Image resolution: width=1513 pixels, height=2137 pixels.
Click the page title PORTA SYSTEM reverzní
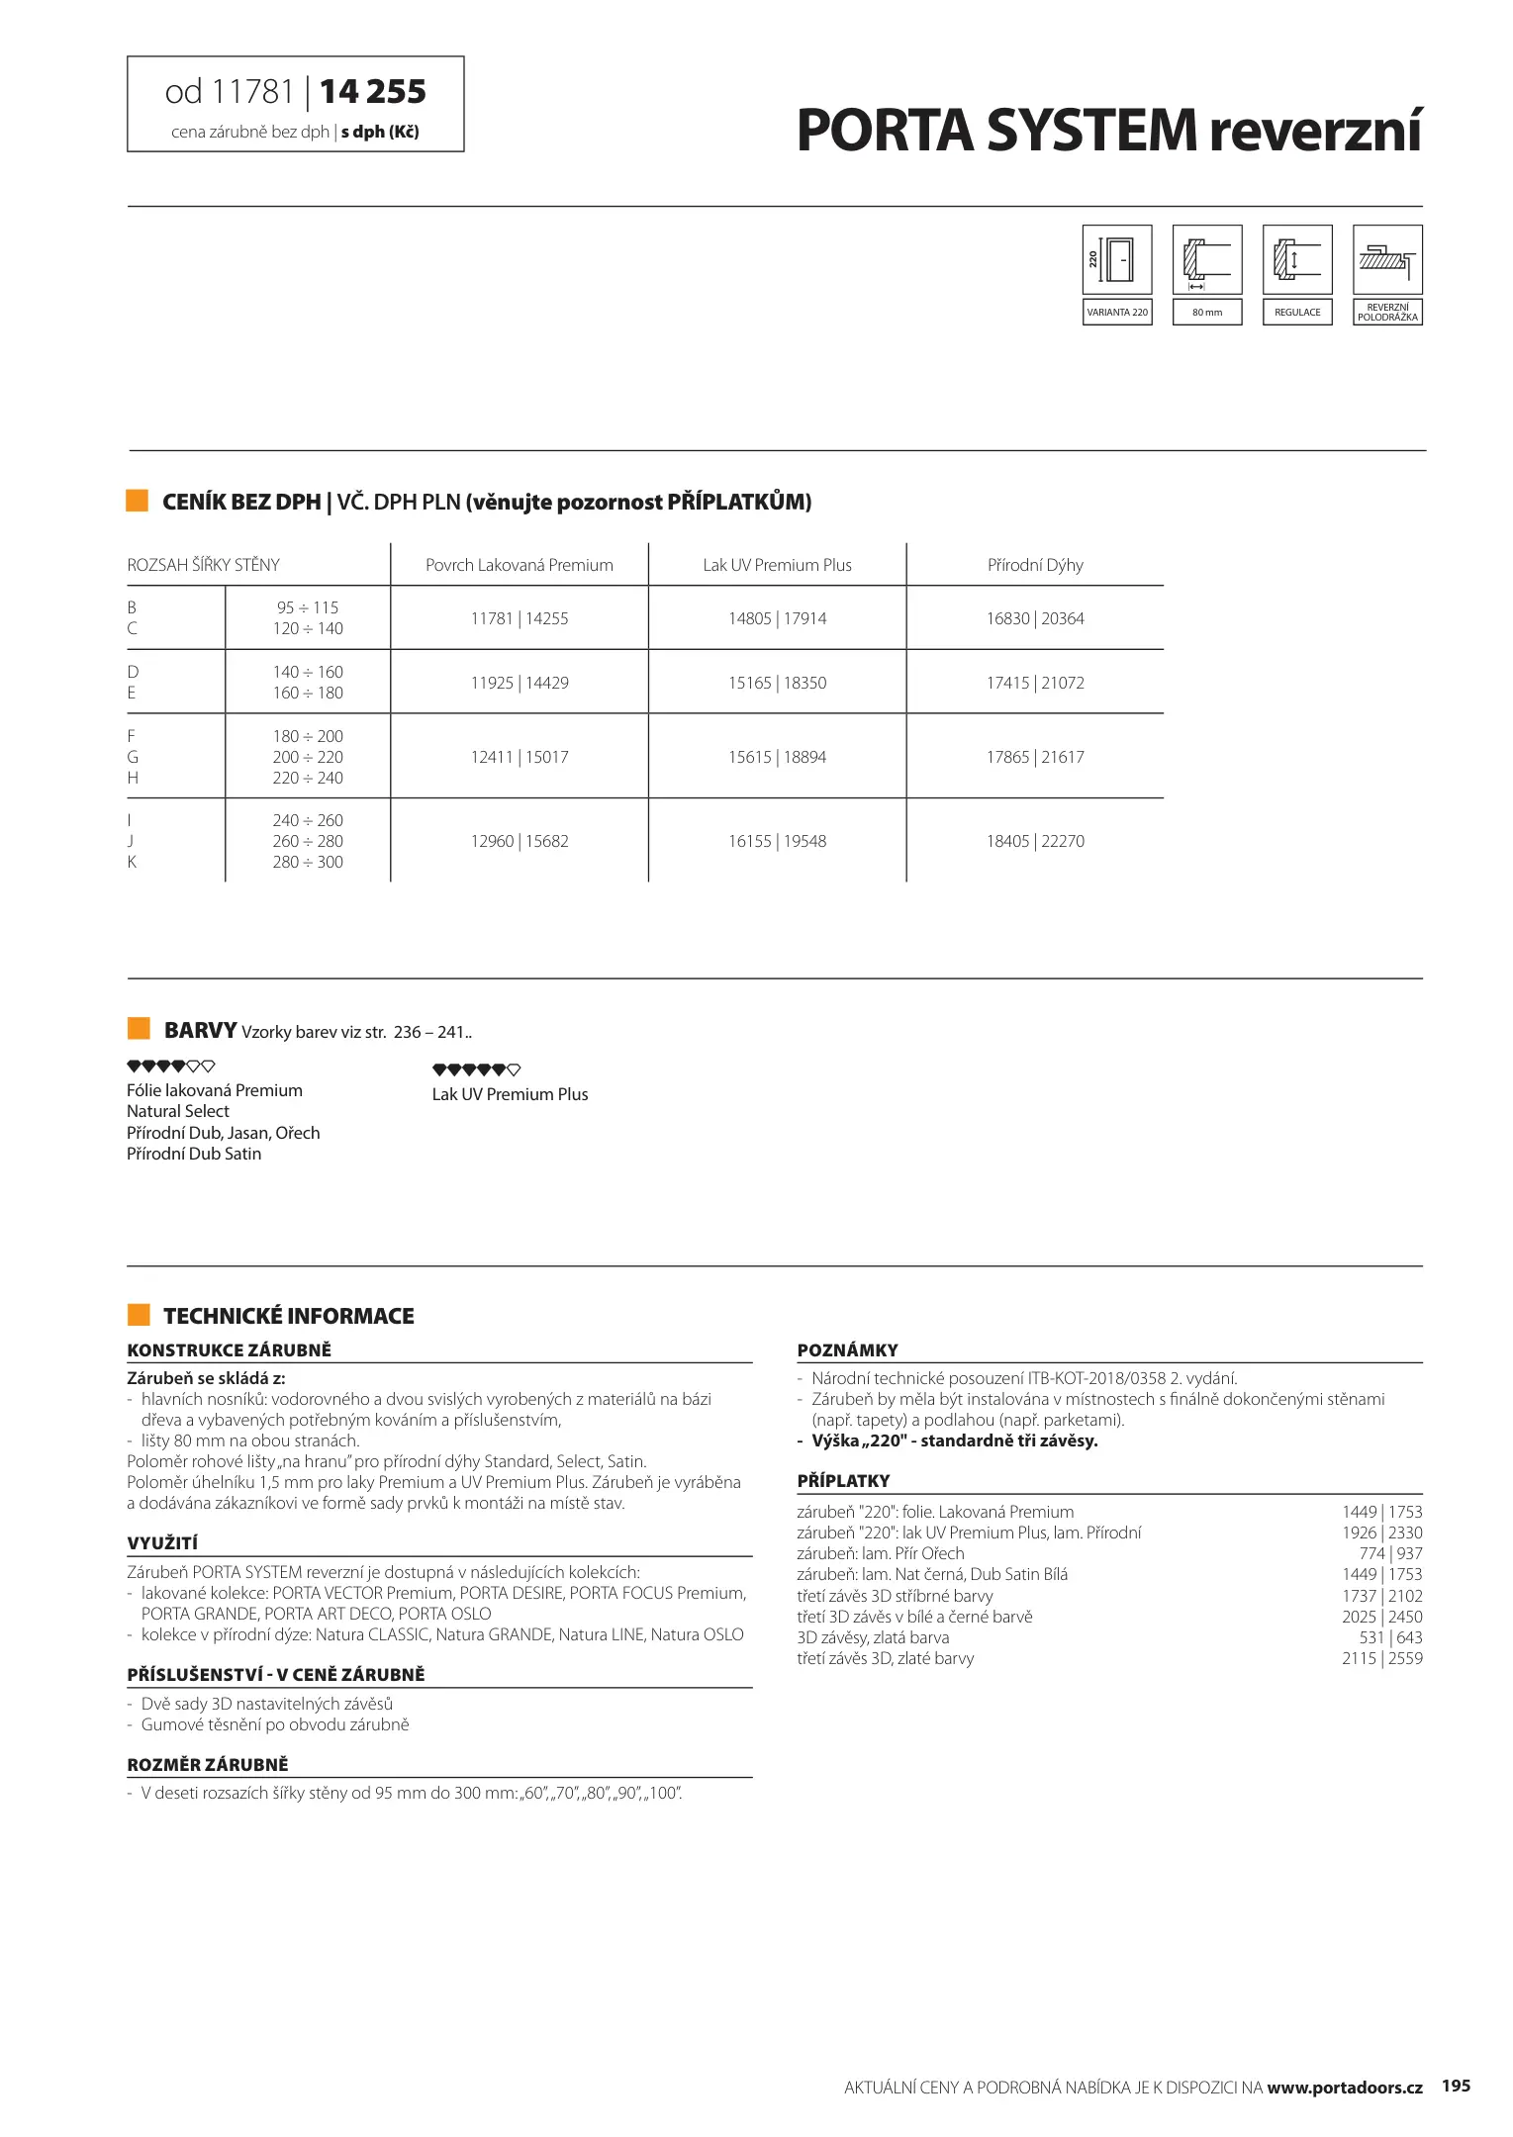[x=1108, y=131]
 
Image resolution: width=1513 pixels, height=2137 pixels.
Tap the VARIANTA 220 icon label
[x=1117, y=313]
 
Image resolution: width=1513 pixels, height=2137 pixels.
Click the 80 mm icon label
[x=1206, y=313]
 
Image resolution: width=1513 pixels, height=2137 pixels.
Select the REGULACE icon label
[x=1297, y=313]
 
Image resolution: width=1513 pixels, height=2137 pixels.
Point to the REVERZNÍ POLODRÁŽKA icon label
[x=1387, y=313]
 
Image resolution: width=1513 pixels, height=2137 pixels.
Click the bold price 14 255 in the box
[x=373, y=92]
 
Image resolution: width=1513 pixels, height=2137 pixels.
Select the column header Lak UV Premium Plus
[x=777, y=565]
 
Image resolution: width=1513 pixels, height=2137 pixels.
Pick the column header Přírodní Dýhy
[x=1035, y=565]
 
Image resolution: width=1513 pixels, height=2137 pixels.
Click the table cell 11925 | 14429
[x=520, y=683]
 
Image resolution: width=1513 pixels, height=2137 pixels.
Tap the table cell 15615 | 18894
[x=777, y=757]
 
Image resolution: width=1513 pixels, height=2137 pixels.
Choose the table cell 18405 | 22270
[x=1035, y=841]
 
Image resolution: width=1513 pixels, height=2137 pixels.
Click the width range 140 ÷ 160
[x=308, y=672]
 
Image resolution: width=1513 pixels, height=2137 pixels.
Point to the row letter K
[x=132, y=862]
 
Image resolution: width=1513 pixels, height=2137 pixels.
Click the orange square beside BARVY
[x=139, y=1028]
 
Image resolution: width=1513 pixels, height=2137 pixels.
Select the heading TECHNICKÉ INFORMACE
[x=289, y=1316]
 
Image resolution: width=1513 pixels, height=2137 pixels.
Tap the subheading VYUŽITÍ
[x=162, y=1543]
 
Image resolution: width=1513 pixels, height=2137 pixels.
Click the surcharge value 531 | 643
[x=1390, y=1637]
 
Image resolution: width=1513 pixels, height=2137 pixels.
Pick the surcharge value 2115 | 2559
[x=1381, y=1658]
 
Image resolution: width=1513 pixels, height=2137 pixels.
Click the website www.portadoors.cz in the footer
[x=1344, y=2088]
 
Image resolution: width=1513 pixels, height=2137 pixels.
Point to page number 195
[x=1456, y=2086]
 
